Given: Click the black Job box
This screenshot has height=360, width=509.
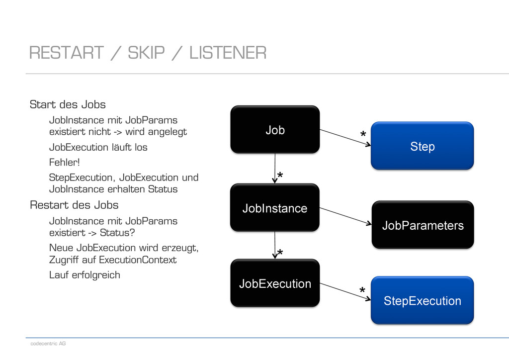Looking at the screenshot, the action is coord(275,129).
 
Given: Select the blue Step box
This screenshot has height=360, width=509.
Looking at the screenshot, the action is coord(423,146).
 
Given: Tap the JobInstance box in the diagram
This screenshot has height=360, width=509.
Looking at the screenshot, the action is coord(275,208).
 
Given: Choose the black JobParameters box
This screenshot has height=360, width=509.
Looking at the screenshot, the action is coord(423,225).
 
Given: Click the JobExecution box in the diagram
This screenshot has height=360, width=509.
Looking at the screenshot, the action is coord(275,283).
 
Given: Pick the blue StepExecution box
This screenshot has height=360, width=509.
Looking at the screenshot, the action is coord(423,300).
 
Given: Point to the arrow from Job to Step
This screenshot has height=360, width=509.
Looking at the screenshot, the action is coord(345,138).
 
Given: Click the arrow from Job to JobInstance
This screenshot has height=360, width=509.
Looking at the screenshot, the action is coord(275,169).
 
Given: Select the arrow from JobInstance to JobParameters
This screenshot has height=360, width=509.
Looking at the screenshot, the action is coord(346,216).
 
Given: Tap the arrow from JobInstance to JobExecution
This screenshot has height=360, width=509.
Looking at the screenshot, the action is coord(275,245).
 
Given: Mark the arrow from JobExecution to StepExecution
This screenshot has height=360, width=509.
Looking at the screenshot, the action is coord(345,292).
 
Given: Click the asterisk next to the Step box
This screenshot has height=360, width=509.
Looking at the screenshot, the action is coord(363,133).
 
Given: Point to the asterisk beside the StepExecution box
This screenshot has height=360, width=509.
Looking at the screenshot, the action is coord(362,290).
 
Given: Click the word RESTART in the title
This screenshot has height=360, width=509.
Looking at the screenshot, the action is coord(67,53).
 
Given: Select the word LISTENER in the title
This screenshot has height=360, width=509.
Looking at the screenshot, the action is coord(228,53).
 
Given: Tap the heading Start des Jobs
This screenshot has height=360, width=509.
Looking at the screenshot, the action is coord(68,104).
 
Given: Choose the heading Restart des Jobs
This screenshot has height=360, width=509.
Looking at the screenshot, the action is coord(74,205).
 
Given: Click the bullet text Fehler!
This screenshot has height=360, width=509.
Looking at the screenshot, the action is coord(64,162).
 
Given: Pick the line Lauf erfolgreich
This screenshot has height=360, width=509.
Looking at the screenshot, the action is coord(85,275).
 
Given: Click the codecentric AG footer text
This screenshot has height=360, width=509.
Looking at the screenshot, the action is coord(48,344).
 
